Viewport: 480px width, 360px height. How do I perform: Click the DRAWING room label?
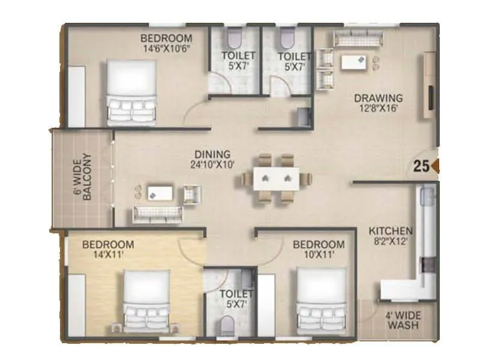coord(377,98)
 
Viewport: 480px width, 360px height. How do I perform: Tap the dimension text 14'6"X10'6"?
coord(166,49)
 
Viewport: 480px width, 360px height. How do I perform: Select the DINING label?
coord(208,154)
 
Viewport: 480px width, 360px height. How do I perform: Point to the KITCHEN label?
coord(390,230)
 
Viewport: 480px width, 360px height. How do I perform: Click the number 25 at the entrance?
coord(421,167)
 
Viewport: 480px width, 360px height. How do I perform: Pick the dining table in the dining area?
coord(275,178)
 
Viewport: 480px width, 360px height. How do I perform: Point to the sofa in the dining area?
coord(157,212)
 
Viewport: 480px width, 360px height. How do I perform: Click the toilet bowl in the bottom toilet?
coord(227,326)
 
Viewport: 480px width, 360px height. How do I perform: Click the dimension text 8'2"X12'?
coord(390,241)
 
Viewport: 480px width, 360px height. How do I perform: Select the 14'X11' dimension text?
coord(108,256)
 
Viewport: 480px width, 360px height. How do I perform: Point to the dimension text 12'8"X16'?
coord(377,109)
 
